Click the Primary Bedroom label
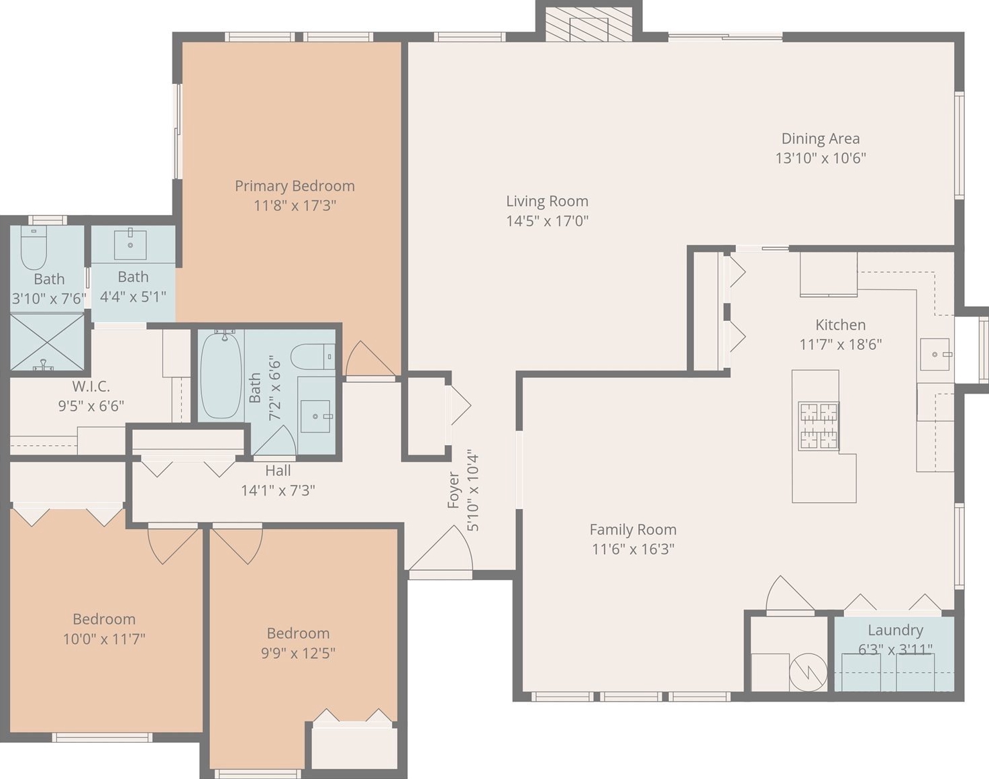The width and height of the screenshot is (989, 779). coord(295,186)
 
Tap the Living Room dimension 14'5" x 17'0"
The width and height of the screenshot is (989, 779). coord(547,222)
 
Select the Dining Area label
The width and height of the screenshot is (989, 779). coord(821,138)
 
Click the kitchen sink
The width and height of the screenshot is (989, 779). coord(935,355)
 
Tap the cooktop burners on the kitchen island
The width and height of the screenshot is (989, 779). coord(819,426)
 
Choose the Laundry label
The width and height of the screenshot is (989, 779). coord(895,630)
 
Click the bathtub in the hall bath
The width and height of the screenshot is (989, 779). coord(221,375)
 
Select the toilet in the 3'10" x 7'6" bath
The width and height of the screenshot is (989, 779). coord(34,248)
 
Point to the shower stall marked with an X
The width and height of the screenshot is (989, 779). coord(48,341)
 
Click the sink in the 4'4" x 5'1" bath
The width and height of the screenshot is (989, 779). coord(130,245)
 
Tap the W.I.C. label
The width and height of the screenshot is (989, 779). coord(91,387)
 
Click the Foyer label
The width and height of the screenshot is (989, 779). coord(454,490)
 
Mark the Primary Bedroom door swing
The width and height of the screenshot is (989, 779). coord(370,359)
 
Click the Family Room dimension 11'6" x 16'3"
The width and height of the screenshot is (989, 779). coord(633,549)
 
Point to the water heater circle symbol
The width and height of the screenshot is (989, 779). coord(808,672)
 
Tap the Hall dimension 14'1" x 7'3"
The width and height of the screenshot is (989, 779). coord(278,490)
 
